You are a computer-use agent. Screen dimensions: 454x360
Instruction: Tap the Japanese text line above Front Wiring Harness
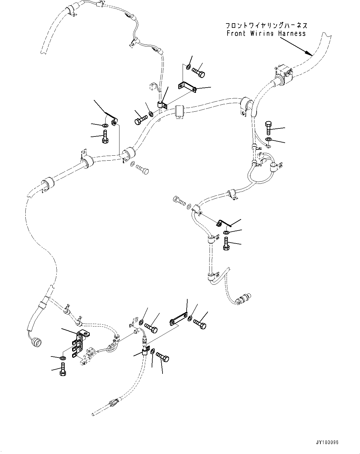tap(266, 25)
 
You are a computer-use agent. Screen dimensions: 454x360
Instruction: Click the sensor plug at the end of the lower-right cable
tap(243, 298)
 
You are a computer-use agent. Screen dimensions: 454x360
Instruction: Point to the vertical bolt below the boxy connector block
tap(268, 128)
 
